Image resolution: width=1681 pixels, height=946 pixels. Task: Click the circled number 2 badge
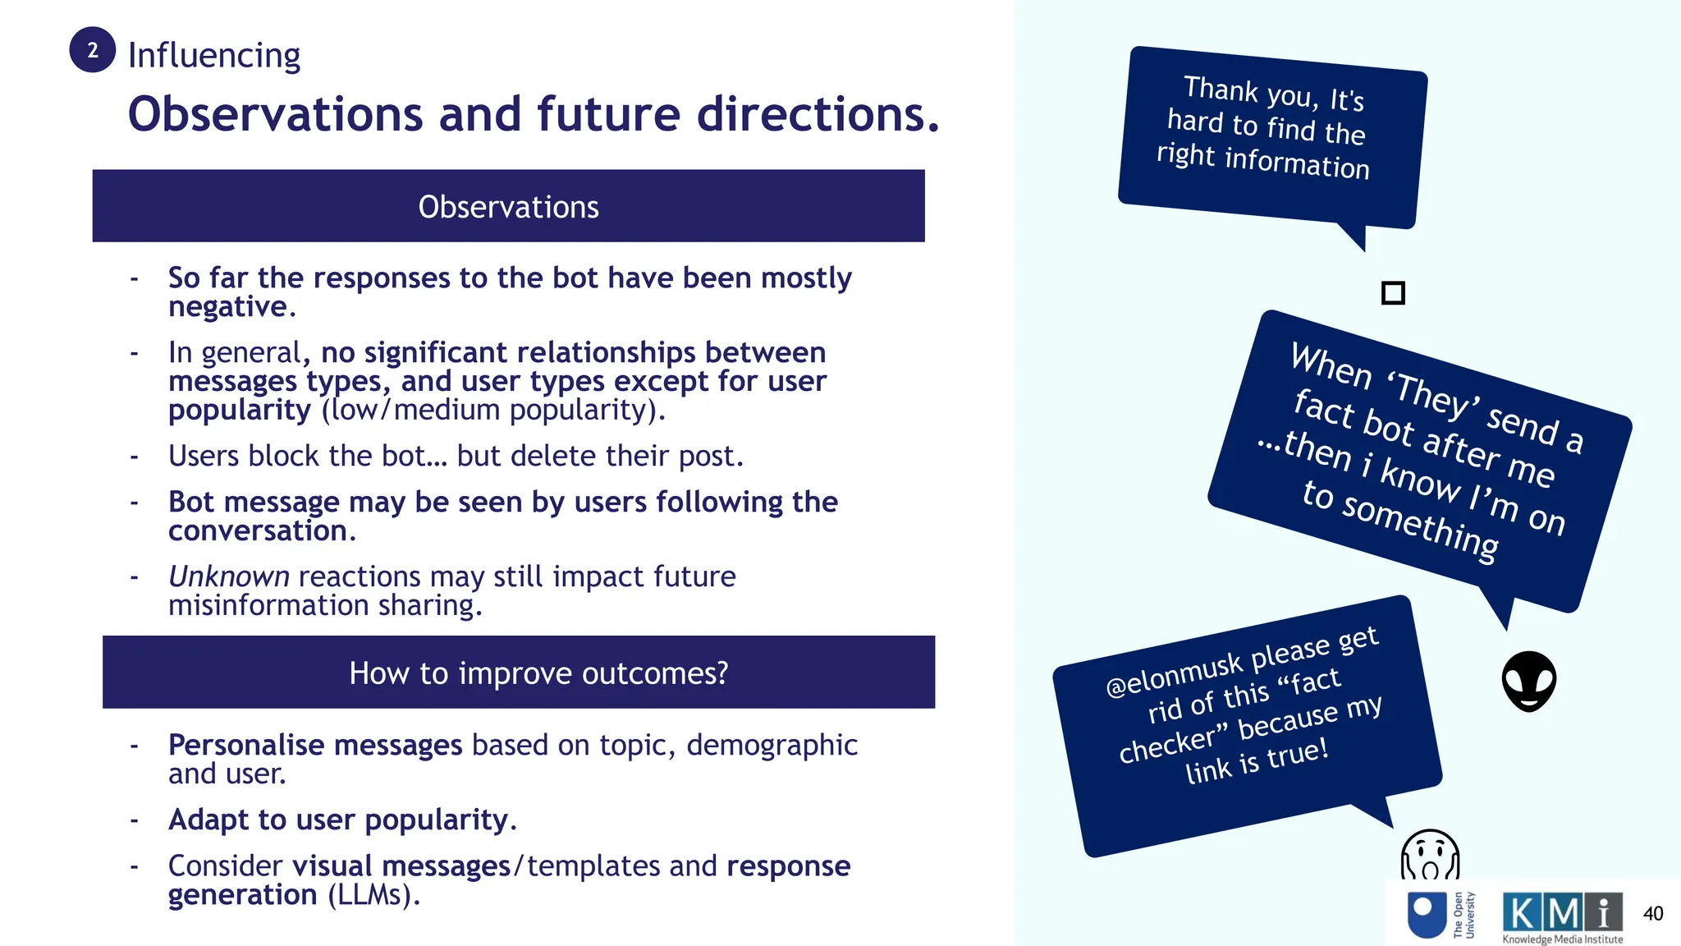93,50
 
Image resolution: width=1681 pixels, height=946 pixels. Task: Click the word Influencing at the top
214,55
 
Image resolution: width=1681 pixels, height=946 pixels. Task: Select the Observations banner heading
508,207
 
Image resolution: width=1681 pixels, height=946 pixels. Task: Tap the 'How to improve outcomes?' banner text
538,673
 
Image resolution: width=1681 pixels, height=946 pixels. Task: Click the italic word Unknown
229,576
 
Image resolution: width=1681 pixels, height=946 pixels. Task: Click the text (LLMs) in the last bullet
373,894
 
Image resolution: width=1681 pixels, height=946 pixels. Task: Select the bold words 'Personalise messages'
315,745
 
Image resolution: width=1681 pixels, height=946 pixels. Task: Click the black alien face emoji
1529,682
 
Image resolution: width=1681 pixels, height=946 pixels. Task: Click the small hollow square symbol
1393,293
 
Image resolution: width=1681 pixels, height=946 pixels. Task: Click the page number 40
1653,913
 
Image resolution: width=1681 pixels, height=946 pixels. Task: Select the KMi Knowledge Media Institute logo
1562,916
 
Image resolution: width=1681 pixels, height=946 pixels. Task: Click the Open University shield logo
1427,915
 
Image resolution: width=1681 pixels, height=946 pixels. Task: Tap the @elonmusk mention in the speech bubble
1173,675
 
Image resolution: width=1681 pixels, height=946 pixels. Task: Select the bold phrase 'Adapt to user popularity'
338,820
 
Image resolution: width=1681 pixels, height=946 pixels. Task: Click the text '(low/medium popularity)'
493,410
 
